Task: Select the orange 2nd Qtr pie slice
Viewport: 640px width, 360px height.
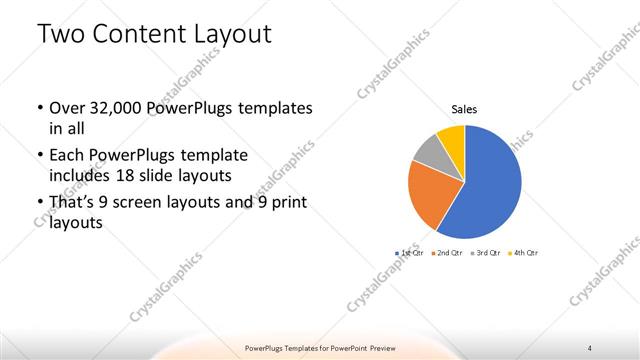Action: (x=432, y=195)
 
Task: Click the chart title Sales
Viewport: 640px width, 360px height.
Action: (x=464, y=109)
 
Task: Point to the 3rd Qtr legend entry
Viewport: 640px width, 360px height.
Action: (x=485, y=254)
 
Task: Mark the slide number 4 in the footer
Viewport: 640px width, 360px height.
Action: (x=590, y=347)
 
